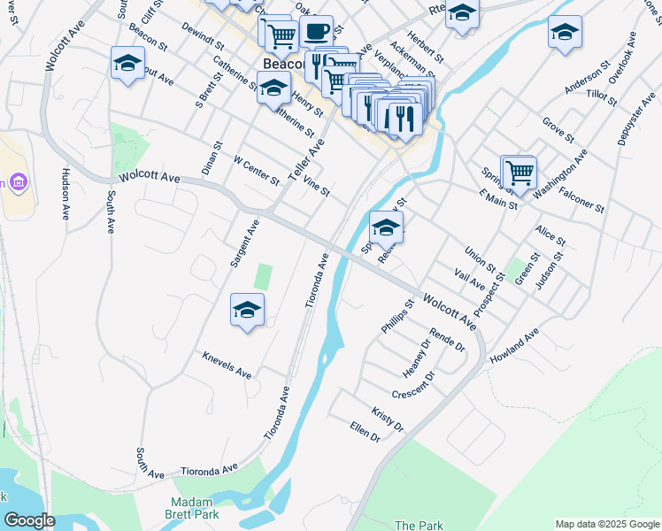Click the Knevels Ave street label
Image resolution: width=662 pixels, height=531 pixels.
pos(227,365)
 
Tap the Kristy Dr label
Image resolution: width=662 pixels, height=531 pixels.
pos(388,420)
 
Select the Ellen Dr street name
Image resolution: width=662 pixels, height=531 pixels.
pos(365,433)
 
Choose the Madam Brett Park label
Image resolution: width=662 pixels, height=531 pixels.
pos(194,507)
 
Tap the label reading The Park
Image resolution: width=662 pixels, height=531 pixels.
pos(419,526)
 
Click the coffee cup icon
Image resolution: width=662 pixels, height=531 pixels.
pos(316,32)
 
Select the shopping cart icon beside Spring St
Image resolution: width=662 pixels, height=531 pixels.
pos(520,171)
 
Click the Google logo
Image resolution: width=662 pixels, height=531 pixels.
pos(29,520)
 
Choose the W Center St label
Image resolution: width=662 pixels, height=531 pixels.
pos(256,173)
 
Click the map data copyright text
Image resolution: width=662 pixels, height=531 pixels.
pos(607,524)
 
